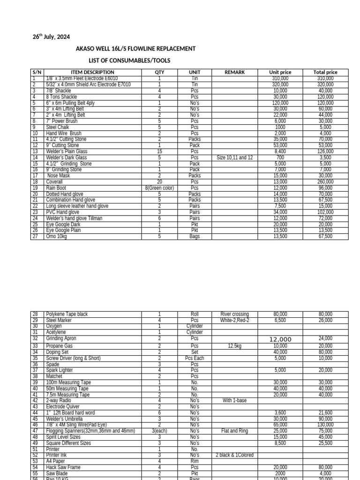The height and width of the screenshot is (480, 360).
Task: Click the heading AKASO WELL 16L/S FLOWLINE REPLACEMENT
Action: tap(135, 49)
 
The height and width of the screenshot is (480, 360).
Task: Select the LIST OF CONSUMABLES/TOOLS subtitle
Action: tap(129, 61)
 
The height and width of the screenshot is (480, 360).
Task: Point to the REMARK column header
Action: tap(234, 72)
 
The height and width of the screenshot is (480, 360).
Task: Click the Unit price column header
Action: tap(280, 72)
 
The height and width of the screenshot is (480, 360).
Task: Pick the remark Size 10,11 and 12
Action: tap(234, 157)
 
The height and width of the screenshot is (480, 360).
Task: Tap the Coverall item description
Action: tap(54, 182)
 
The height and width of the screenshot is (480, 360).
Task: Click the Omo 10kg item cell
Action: tap(57, 237)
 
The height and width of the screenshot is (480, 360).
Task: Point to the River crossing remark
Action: tap(234, 314)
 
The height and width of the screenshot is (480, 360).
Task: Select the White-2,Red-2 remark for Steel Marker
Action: tap(234, 320)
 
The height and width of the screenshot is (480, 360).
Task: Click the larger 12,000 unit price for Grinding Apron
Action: tap(280, 339)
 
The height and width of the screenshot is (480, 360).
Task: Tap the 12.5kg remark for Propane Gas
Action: tap(234, 346)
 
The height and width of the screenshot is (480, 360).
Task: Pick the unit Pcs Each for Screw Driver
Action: tap(195, 358)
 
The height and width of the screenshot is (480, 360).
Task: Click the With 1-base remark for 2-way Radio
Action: tap(234, 401)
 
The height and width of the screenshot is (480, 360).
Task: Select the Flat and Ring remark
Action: tap(234, 431)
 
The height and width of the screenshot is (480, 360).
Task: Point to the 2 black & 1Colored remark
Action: tap(234, 455)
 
